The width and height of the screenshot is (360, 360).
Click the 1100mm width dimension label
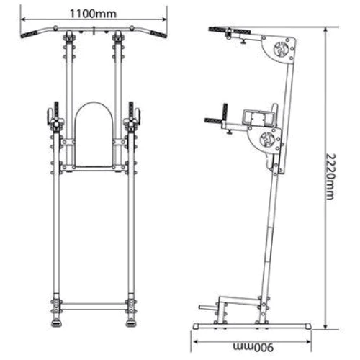(x=93, y=14)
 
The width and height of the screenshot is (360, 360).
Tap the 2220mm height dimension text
(x=330, y=177)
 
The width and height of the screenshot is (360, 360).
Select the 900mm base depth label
(x=253, y=347)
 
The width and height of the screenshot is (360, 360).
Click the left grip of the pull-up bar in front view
(x=30, y=34)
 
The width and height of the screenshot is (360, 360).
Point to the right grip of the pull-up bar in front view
(x=158, y=34)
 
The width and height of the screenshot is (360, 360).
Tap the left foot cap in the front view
(x=56, y=323)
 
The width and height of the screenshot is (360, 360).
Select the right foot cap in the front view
(x=131, y=323)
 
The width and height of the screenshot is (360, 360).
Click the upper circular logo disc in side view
(x=281, y=50)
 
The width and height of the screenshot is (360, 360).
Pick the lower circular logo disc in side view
(x=267, y=139)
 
